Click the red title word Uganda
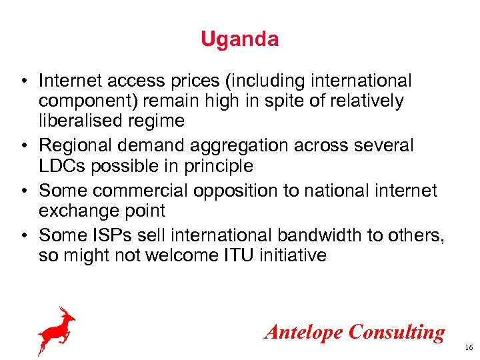(240, 39)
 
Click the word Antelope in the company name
(303, 331)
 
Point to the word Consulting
(397, 332)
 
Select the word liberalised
(75, 121)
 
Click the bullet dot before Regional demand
(23, 146)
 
